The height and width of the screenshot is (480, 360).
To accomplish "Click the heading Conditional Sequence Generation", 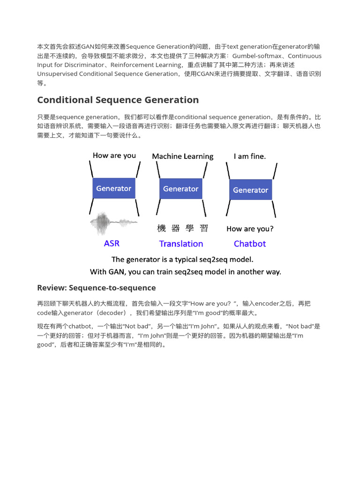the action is click(118, 100).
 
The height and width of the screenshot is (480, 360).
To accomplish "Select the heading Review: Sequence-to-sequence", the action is click(96, 288).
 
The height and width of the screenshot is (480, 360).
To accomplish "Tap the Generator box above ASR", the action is click(113, 188).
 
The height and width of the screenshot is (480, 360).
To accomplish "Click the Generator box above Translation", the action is click(180, 189).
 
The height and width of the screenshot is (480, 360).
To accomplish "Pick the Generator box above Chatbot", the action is click(250, 190).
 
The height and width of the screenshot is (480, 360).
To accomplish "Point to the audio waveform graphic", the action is click(113, 224).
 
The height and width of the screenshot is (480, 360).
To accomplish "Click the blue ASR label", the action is click(112, 244).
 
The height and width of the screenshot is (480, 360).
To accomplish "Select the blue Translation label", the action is click(181, 244).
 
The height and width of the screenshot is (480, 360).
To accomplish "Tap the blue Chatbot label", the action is click(249, 244).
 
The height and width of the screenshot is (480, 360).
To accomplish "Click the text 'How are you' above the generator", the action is click(114, 156).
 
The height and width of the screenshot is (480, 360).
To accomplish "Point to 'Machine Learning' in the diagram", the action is click(182, 156).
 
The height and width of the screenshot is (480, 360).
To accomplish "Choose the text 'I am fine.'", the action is click(249, 156).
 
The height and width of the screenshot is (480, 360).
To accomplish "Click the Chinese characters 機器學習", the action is click(182, 229).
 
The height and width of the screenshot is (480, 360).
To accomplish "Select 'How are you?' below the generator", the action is click(250, 229).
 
